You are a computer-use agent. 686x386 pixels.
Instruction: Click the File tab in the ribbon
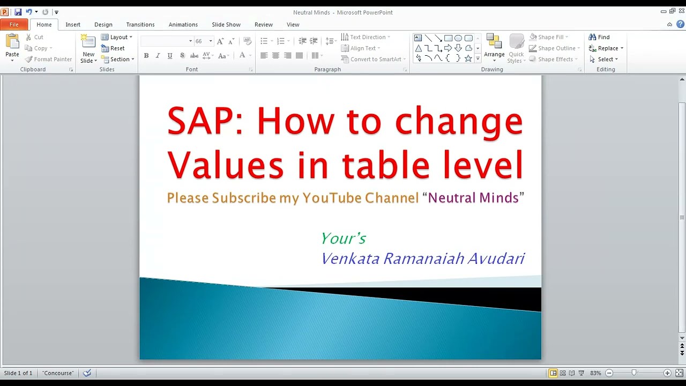click(14, 25)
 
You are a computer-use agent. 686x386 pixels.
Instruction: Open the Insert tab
click(73, 25)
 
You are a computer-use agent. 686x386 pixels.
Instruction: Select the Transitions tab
click(140, 25)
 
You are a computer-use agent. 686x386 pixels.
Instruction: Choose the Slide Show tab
click(226, 25)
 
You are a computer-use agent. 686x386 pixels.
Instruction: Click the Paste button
click(12, 47)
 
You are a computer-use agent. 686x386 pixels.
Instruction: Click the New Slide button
click(88, 49)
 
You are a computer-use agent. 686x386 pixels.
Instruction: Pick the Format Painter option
click(49, 60)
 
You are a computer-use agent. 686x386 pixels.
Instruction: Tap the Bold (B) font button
click(146, 56)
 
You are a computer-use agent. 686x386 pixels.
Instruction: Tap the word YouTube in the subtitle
click(332, 198)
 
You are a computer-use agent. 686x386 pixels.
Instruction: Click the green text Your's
click(344, 238)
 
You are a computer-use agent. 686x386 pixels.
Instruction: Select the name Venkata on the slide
click(350, 259)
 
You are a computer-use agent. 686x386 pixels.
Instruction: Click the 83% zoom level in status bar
click(595, 373)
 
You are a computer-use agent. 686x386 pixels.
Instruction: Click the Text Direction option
click(367, 37)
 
